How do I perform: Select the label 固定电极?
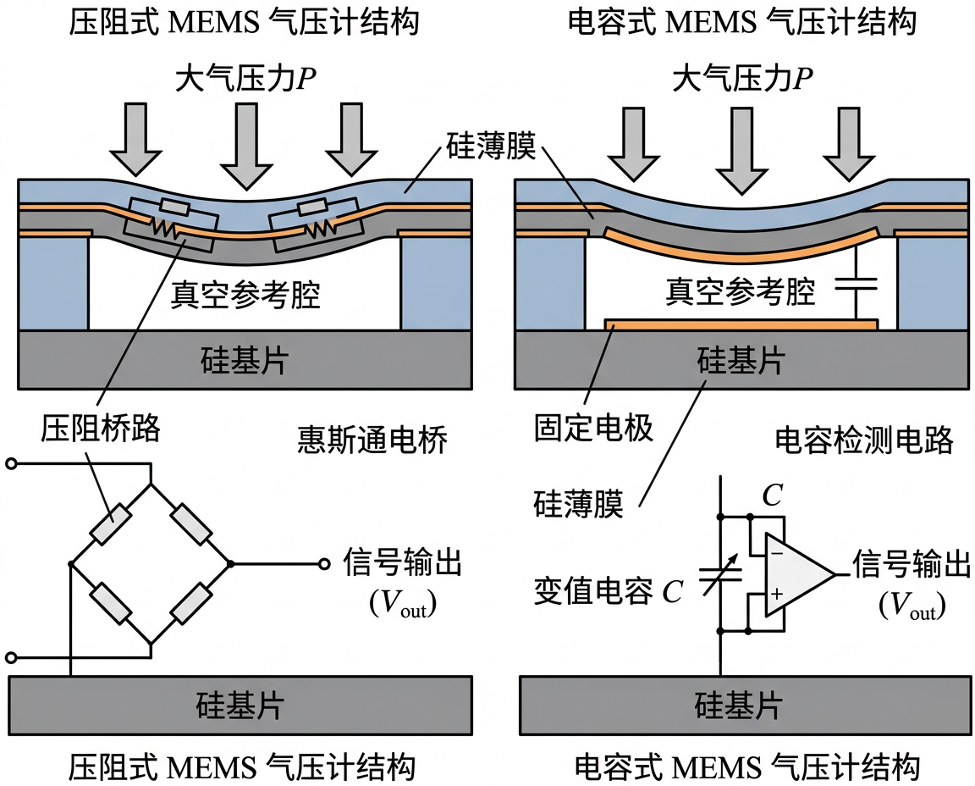coord(593,428)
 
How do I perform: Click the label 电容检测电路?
coord(863,440)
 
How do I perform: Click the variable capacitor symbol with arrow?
coord(720,573)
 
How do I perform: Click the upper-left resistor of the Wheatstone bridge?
coord(112,525)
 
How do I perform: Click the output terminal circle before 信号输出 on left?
coord(323,563)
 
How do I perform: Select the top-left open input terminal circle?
coord(11,463)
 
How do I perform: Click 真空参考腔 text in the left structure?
coord(245,295)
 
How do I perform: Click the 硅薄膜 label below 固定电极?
coord(578,505)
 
